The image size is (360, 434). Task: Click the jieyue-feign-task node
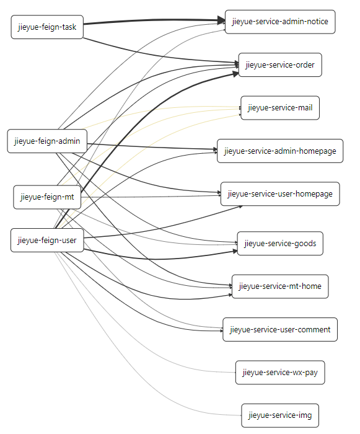[x=47, y=27]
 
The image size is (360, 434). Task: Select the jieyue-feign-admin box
[x=47, y=141]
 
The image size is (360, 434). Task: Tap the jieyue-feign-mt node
[x=47, y=197]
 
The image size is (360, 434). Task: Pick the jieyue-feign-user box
[x=47, y=241]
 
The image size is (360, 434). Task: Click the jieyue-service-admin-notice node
[x=280, y=22]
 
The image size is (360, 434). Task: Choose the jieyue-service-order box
[x=280, y=64]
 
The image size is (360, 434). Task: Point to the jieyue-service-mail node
[x=280, y=108]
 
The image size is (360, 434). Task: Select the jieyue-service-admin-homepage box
[x=280, y=151]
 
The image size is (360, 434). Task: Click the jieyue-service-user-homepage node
[x=280, y=193]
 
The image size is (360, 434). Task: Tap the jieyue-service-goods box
[x=280, y=243]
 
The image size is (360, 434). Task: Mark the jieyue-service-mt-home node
[x=280, y=286]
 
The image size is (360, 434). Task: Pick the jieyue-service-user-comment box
[x=280, y=329]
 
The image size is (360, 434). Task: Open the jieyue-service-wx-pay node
[x=280, y=372]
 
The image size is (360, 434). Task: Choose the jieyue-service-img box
[x=280, y=415]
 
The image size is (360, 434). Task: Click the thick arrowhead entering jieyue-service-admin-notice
[x=221, y=20]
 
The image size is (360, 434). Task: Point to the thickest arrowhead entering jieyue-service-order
[x=235, y=74]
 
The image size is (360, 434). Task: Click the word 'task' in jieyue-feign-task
[x=69, y=27]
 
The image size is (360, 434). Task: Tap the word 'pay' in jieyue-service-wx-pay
[x=311, y=373]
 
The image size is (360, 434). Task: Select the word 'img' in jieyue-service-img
[x=305, y=416]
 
